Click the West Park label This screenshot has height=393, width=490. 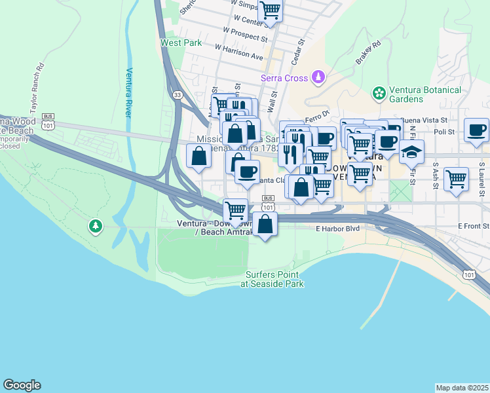(x=181, y=43)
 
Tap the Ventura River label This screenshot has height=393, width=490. (x=129, y=92)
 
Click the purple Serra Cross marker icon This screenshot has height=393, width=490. (x=318, y=78)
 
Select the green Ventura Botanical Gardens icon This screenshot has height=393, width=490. (x=379, y=94)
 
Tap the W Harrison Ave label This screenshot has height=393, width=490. (x=238, y=51)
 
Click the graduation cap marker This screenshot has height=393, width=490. (x=411, y=152)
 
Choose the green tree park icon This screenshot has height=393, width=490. (x=96, y=227)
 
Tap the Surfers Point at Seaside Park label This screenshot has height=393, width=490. (x=272, y=279)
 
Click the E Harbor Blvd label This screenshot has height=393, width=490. (x=338, y=229)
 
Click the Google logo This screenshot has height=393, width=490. (x=22, y=385)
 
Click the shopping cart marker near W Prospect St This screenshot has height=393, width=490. (x=269, y=10)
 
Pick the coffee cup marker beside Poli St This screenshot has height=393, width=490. (x=476, y=129)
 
